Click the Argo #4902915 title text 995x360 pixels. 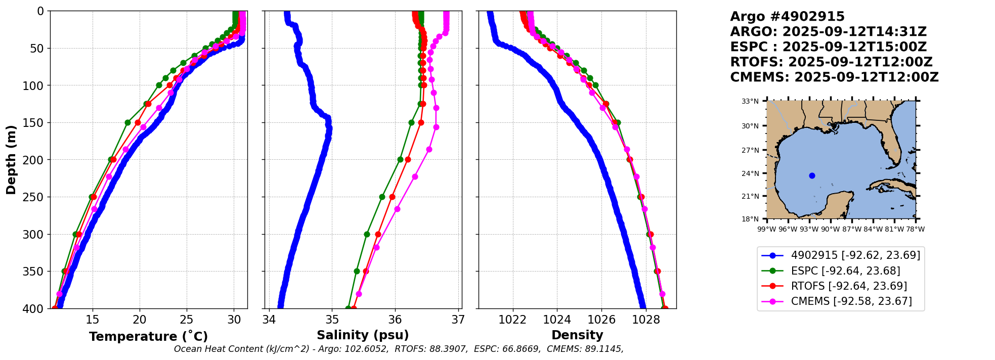[787, 17]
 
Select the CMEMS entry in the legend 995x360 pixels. [851, 301]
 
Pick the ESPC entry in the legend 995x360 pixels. [845, 271]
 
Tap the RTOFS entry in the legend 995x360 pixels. [849, 286]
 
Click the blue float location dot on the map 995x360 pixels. [812, 175]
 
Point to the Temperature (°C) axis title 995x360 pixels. [148, 337]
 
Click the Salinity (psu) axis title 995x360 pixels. [363, 335]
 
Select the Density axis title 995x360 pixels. [577, 335]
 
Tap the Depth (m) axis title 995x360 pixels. [11, 159]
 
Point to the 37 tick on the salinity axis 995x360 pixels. [458, 320]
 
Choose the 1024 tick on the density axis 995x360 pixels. [557, 320]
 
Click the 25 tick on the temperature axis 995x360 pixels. [187, 320]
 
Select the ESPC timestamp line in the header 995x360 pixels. [828, 47]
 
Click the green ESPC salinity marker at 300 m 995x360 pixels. [367, 234]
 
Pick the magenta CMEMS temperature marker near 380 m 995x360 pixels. [59, 294]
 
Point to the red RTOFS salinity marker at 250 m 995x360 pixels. [392, 197]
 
